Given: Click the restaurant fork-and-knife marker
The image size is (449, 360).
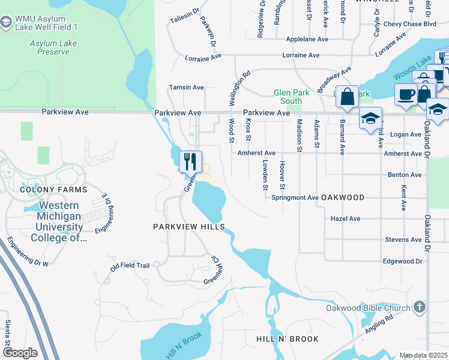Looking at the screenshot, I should (x=190, y=161).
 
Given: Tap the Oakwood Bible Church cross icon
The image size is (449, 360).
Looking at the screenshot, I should (x=419, y=308).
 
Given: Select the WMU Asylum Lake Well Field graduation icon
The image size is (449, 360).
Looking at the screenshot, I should (x=6, y=23).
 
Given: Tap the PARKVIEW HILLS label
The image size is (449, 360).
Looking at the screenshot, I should (x=188, y=227).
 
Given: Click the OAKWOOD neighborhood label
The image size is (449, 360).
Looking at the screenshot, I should (x=343, y=197).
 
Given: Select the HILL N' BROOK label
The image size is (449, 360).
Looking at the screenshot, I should (x=288, y=339).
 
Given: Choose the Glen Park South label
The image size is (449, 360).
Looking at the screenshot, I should (x=288, y=97).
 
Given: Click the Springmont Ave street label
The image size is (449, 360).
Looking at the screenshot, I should (x=295, y=197).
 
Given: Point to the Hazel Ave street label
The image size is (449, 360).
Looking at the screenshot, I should (x=345, y=219).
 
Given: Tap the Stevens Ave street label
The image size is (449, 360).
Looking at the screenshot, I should (x=403, y=239).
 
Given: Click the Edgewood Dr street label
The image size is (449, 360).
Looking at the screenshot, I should (x=403, y=261).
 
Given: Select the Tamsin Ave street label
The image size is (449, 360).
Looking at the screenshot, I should (x=187, y=87).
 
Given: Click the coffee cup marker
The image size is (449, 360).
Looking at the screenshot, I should (x=405, y=94).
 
